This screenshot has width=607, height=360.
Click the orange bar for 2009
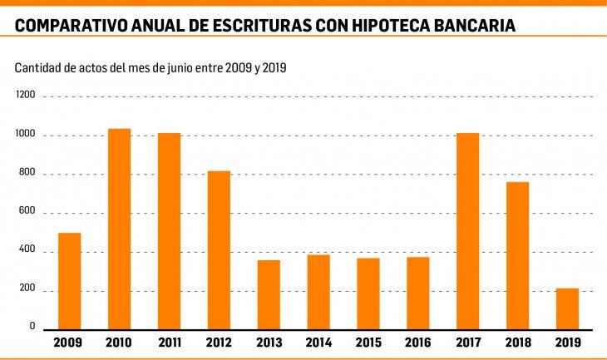pos(69,281)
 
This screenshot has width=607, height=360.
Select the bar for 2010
pos(119,229)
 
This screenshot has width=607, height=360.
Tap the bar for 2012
pos(219,250)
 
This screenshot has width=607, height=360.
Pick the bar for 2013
pos(269,295)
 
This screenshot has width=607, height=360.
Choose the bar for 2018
pos(517,255)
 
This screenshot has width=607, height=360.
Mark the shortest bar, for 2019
pos(567,309)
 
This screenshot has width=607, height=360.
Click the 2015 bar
pos(368,294)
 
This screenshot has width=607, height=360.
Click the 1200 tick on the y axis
pos(25,96)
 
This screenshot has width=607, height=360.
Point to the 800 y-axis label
pos(27,174)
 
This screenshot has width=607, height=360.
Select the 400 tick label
pos(27,251)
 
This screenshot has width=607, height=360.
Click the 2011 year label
pos(169,343)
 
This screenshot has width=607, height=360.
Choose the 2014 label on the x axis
pos(318,343)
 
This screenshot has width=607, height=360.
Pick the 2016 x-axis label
pos(417,343)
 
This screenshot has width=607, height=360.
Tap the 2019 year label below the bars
pos(567,343)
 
